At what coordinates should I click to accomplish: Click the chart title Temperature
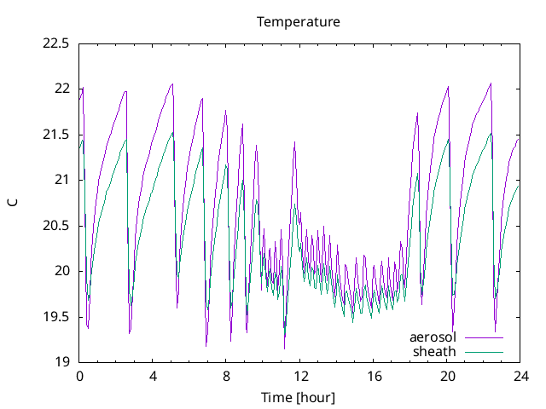point(299,21)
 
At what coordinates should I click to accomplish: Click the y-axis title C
point(13,202)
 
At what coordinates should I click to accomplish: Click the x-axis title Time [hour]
point(299,398)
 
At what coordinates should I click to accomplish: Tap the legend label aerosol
point(433,337)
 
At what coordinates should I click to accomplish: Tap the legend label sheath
point(435,351)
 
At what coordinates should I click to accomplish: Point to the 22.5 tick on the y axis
point(55,43)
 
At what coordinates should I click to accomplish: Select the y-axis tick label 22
point(61,89)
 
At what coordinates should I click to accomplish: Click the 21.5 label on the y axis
point(55,135)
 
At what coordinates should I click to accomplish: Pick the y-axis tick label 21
point(61,180)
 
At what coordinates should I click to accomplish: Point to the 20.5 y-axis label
point(55,226)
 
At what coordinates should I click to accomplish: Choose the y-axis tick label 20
point(61,272)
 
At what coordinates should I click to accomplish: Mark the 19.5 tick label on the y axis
point(55,317)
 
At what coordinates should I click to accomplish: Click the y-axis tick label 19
point(61,363)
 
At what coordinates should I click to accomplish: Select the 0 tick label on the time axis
point(79,377)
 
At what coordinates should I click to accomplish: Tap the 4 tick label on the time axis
point(153,377)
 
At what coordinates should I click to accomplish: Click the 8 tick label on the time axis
point(226,377)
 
